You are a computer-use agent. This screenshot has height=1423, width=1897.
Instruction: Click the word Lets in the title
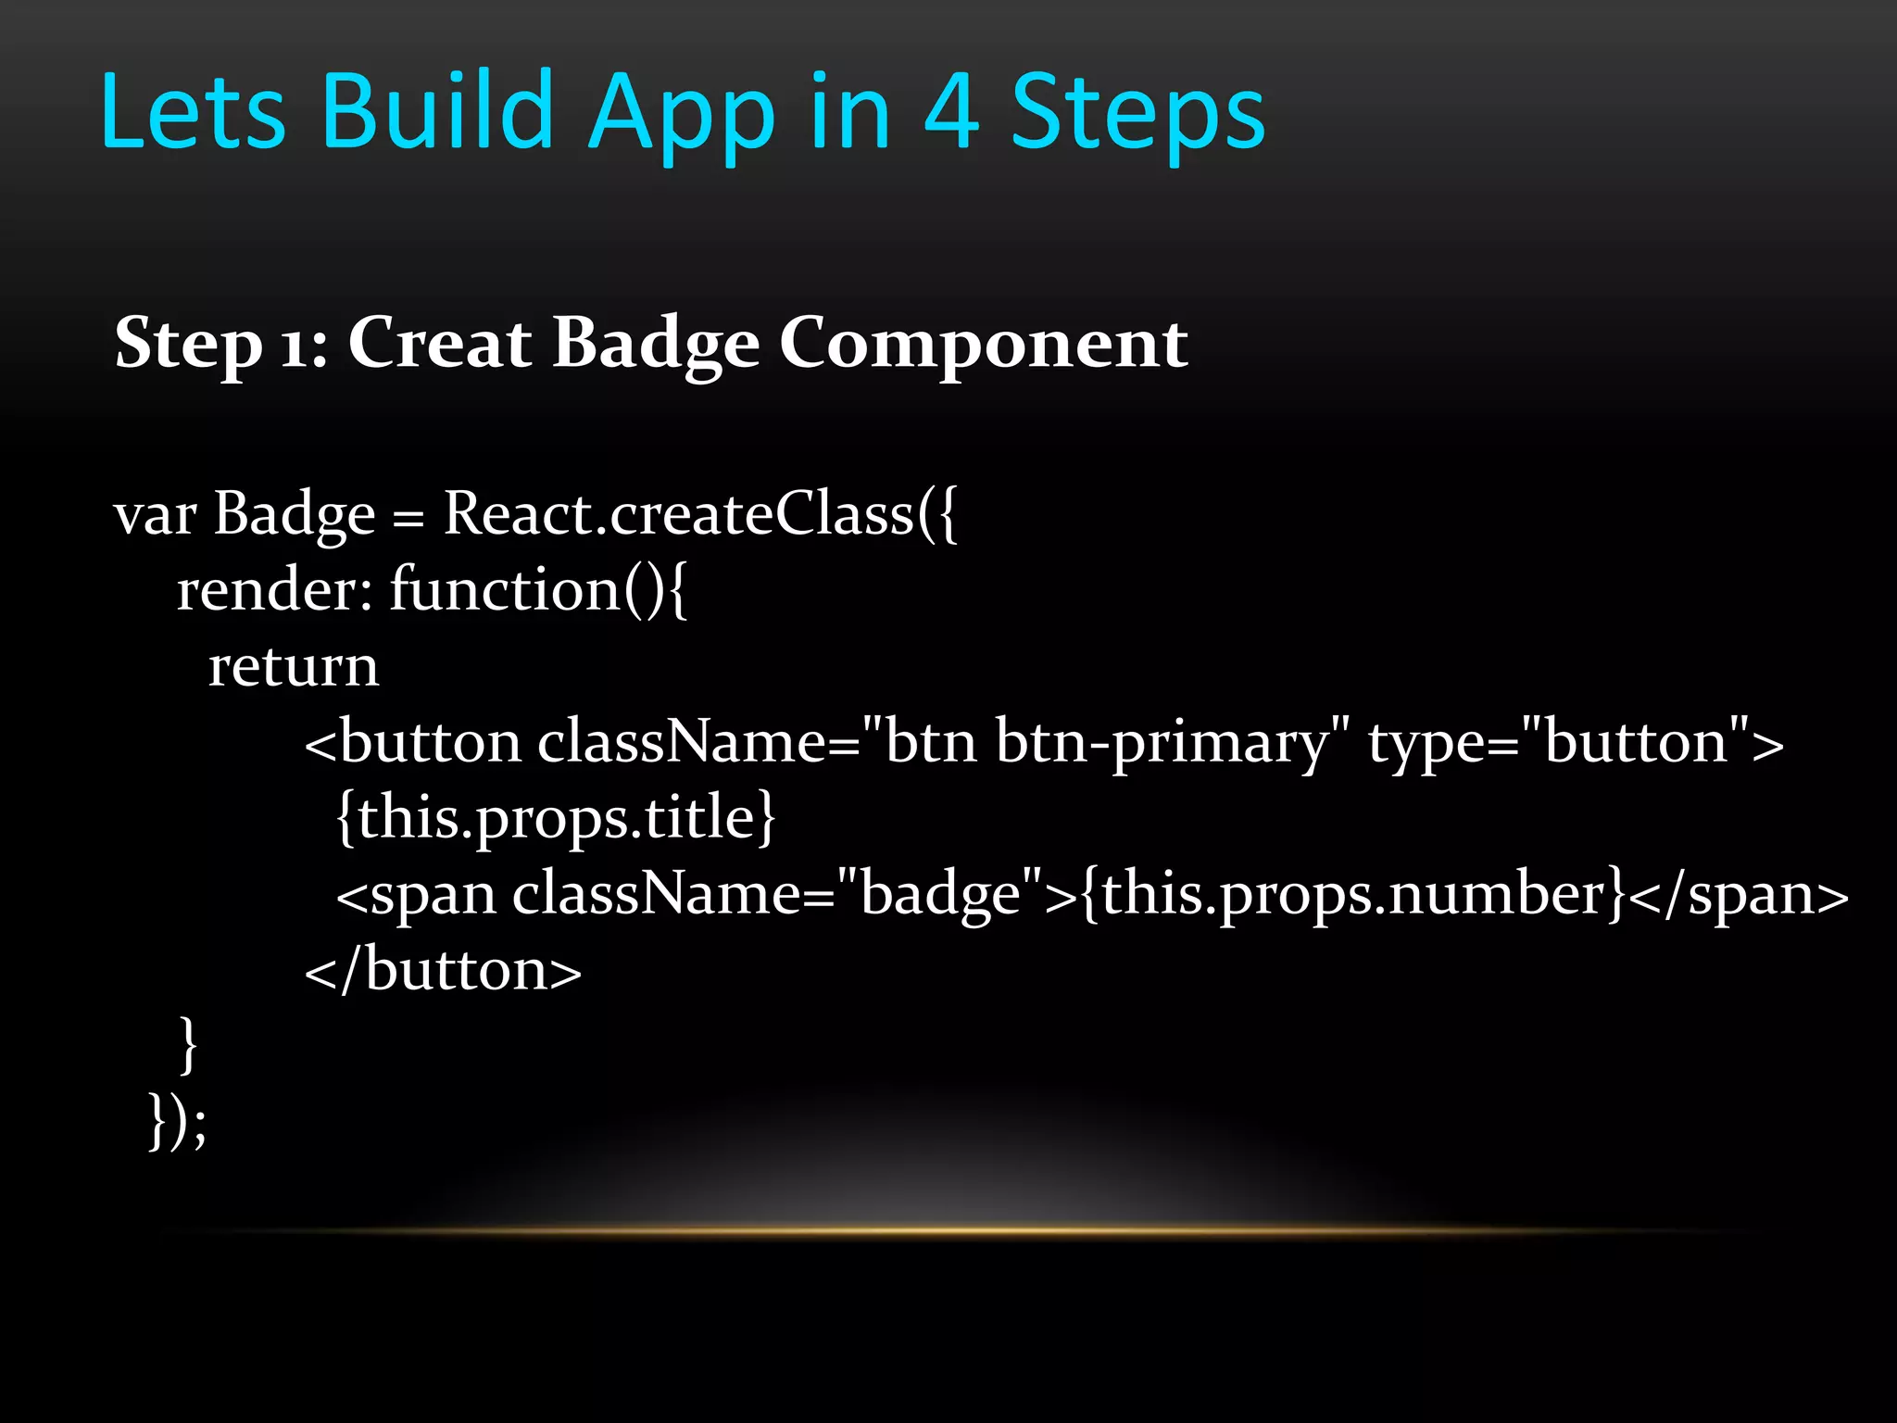pos(193,113)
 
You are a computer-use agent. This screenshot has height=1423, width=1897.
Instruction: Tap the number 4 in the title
pos(951,113)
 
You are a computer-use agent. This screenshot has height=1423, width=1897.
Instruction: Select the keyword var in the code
pos(155,515)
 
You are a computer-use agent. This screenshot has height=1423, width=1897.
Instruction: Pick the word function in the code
pos(505,590)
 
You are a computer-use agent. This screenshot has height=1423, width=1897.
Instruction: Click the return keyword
pos(294,667)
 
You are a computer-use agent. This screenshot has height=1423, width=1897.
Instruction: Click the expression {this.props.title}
pos(556,819)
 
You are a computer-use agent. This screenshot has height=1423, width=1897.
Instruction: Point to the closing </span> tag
pos(1738,895)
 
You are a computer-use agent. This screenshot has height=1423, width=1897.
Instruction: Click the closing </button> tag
pos(444,971)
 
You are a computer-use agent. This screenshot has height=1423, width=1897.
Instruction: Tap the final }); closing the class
pos(178,1122)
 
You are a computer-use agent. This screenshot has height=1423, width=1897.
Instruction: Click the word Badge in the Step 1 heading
pos(656,345)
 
